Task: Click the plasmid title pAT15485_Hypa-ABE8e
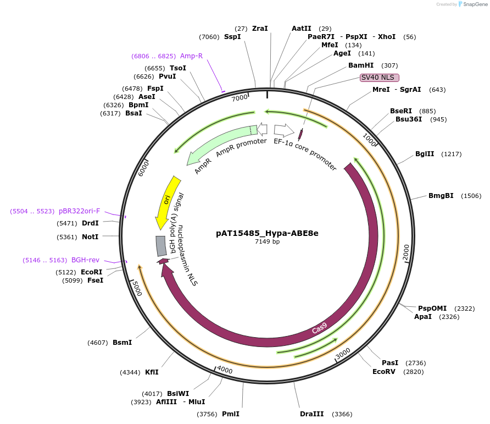[x=267, y=233]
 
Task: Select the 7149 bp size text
[x=267, y=241]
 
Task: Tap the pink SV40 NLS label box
[x=379, y=78]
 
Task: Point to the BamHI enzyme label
[x=361, y=65]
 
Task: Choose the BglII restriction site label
[x=424, y=154]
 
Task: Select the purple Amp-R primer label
[x=192, y=56]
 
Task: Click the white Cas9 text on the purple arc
[x=319, y=328]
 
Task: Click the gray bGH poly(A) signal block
[x=162, y=246]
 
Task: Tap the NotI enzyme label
[x=90, y=237]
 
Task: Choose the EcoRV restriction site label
[x=383, y=371]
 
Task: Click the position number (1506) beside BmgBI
[x=471, y=196]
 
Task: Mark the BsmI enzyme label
[x=122, y=343]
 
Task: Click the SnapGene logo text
[x=473, y=4]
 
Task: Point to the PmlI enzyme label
[x=231, y=414]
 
